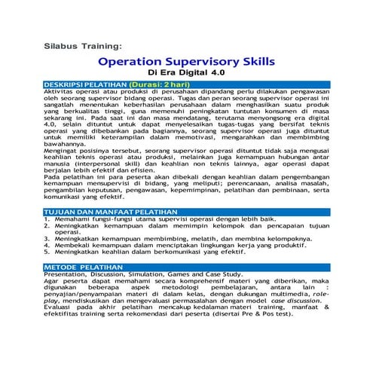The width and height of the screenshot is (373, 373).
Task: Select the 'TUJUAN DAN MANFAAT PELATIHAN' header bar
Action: [186, 212]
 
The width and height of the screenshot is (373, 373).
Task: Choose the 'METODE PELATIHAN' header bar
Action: [186, 268]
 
